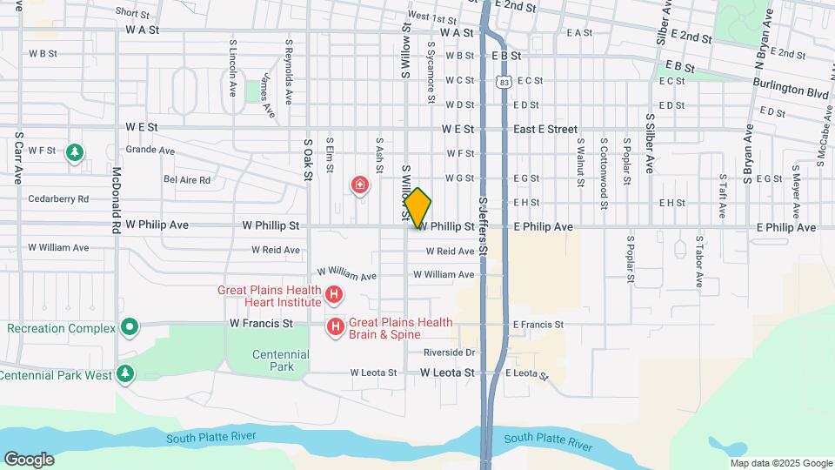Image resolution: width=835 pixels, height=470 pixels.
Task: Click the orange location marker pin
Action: [x=418, y=207]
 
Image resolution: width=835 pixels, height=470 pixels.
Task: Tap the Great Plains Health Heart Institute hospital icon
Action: [x=333, y=297]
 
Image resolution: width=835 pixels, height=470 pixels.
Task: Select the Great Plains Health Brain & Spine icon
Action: [x=335, y=327]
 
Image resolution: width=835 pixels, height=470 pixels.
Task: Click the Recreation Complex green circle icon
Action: [x=130, y=328]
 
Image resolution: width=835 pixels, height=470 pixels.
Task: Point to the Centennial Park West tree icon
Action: [x=126, y=374]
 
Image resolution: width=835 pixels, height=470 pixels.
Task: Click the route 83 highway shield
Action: [x=504, y=81]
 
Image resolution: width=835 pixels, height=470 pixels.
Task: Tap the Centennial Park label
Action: [x=280, y=360]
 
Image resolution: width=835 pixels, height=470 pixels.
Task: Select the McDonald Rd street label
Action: [x=116, y=199]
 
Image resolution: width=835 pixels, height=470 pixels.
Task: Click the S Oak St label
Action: [x=307, y=159]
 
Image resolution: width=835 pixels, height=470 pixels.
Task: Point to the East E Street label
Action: [x=545, y=129]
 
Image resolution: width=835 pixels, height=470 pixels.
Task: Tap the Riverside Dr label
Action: [x=450, y=352]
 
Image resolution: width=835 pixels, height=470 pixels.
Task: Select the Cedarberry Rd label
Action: [x=58, y=198]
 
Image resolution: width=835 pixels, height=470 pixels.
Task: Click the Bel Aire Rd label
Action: [x=187, y=180]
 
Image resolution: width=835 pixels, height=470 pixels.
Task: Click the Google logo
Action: [x=29, y=459]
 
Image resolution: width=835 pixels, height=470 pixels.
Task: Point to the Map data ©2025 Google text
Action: [x=781, y=463]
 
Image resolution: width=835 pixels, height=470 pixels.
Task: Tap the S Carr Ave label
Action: [x=17, y=158]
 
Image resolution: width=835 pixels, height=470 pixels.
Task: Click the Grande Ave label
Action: [x=150, y=150]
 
